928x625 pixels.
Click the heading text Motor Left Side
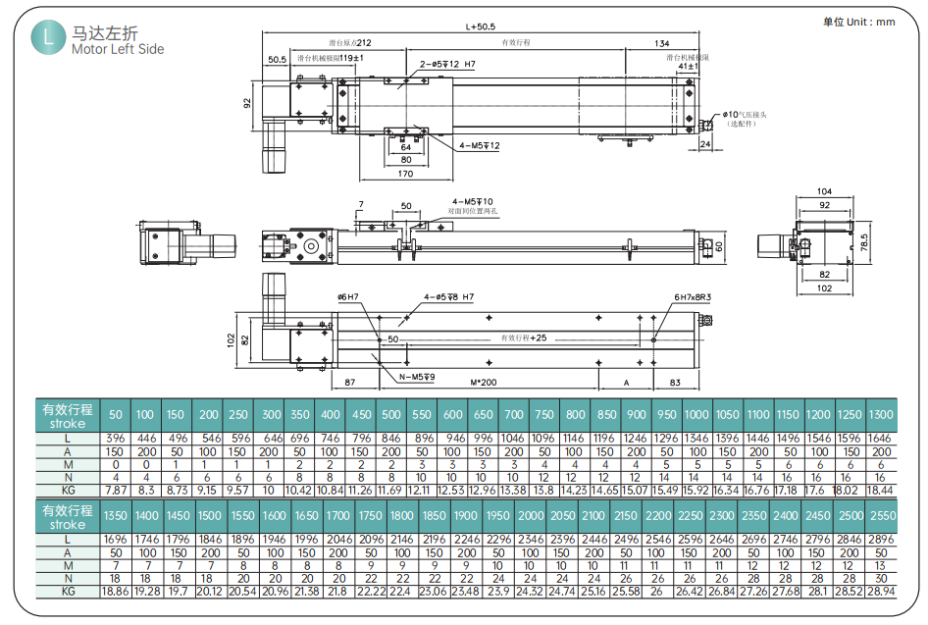point(118,49)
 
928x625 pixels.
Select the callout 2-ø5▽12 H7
point(447,65)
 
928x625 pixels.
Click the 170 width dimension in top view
point(405,176)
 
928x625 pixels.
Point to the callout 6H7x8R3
point(692,296)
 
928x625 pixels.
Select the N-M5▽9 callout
point(417,377)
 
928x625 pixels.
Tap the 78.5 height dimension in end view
point(864,243)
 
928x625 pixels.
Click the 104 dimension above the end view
point(823,191)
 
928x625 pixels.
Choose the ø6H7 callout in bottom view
point(349,296)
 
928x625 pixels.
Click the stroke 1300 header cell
point(881,415)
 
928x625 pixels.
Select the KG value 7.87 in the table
point(115,489)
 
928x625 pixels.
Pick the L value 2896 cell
point(881,540)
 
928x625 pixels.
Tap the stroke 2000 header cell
point(530,515)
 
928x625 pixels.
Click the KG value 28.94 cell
point(881,592)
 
